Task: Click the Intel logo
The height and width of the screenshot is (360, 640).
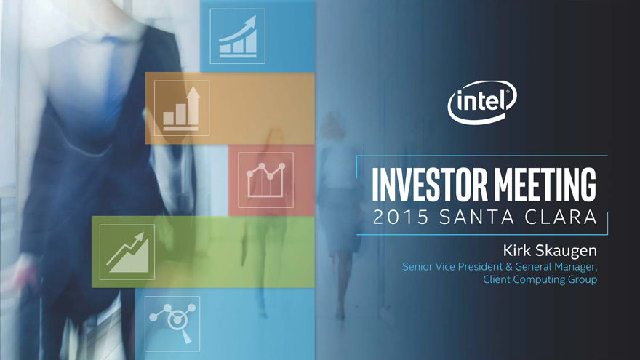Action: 482,102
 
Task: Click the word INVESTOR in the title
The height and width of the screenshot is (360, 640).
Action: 430,184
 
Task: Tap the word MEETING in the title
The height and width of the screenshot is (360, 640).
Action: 545,184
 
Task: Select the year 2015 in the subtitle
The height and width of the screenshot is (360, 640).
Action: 401,217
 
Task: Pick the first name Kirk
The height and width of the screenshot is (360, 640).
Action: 516,250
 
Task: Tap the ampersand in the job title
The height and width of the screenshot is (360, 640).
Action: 508,267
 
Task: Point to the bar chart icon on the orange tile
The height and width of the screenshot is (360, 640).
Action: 182,108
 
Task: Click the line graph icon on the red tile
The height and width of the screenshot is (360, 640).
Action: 265,180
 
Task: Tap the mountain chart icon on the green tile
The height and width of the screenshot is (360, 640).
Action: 127,252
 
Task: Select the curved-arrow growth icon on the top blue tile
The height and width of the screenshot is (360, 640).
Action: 238,36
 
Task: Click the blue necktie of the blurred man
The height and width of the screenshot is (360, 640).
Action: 112,78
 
